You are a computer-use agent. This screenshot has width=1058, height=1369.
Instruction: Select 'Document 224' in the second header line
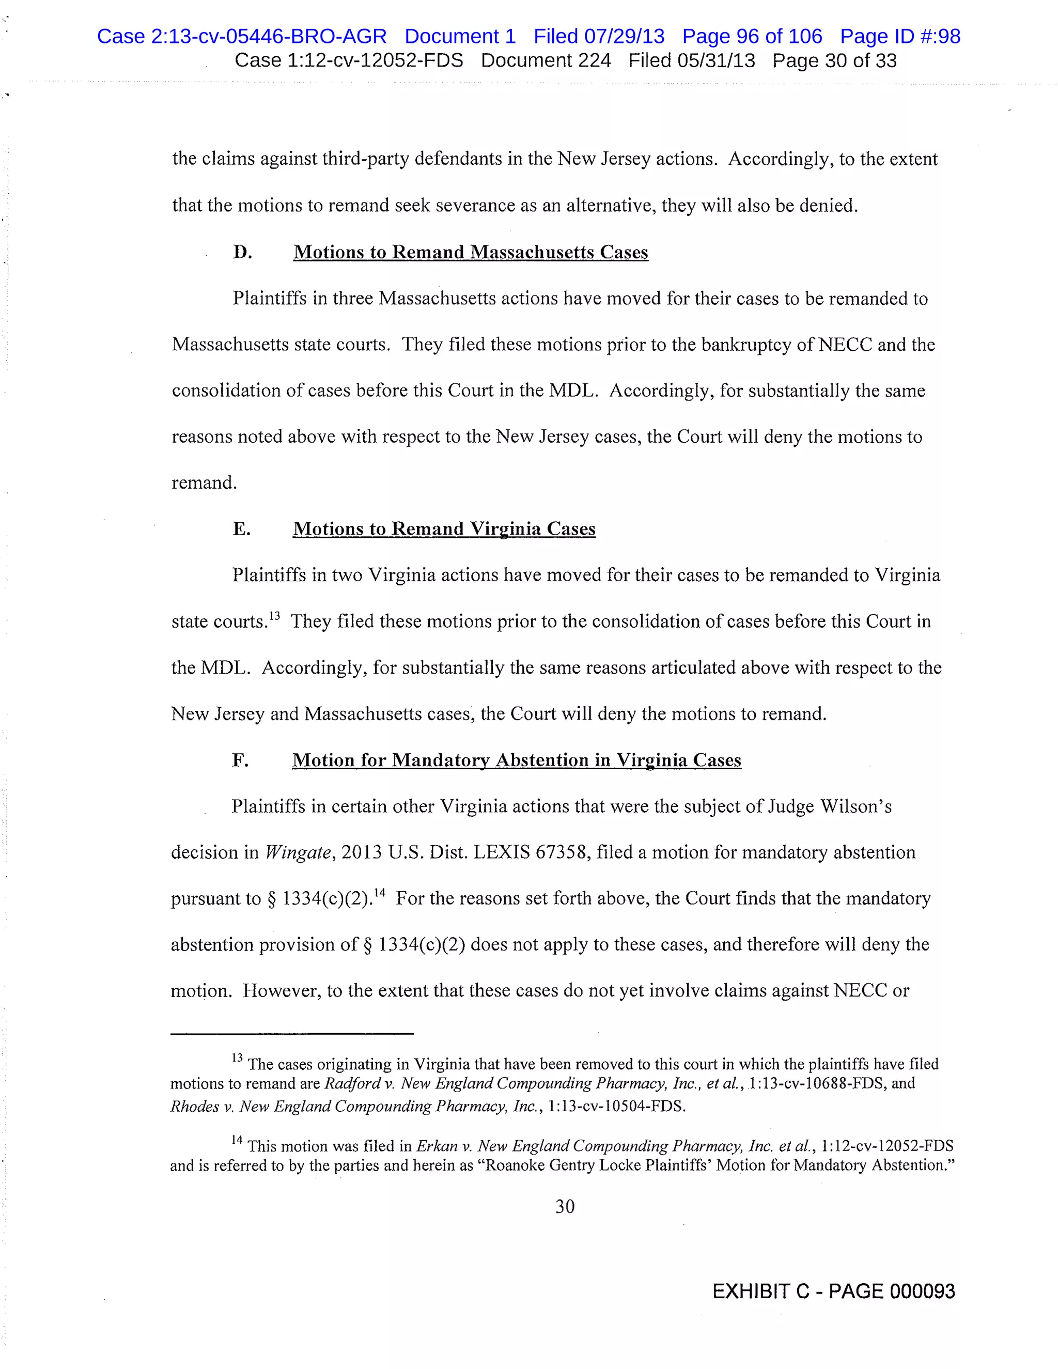click(x=546, y=61)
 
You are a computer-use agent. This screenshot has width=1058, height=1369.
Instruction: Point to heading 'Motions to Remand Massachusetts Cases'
click(x=470, y=252)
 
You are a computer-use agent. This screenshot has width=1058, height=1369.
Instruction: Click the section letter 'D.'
click(x=243, y=252)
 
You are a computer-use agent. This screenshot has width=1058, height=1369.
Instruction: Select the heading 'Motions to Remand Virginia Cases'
click(x=444, y=529)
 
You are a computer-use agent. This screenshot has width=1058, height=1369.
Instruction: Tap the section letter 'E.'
click(x=241, y=529)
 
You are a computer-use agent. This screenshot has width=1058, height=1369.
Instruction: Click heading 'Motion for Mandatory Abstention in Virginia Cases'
click(x=517, y=760)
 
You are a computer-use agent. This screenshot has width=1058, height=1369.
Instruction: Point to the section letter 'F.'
click(x=240, y=760)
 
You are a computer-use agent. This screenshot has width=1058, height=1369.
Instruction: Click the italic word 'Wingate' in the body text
click(x=298, y=853)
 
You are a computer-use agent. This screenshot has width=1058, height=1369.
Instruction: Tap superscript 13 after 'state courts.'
click(x=274, y=616)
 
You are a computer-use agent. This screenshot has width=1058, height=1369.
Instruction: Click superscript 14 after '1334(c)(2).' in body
click(x=379, y=893)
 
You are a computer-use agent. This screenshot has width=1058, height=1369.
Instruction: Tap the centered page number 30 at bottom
click(x=565, y=1207)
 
